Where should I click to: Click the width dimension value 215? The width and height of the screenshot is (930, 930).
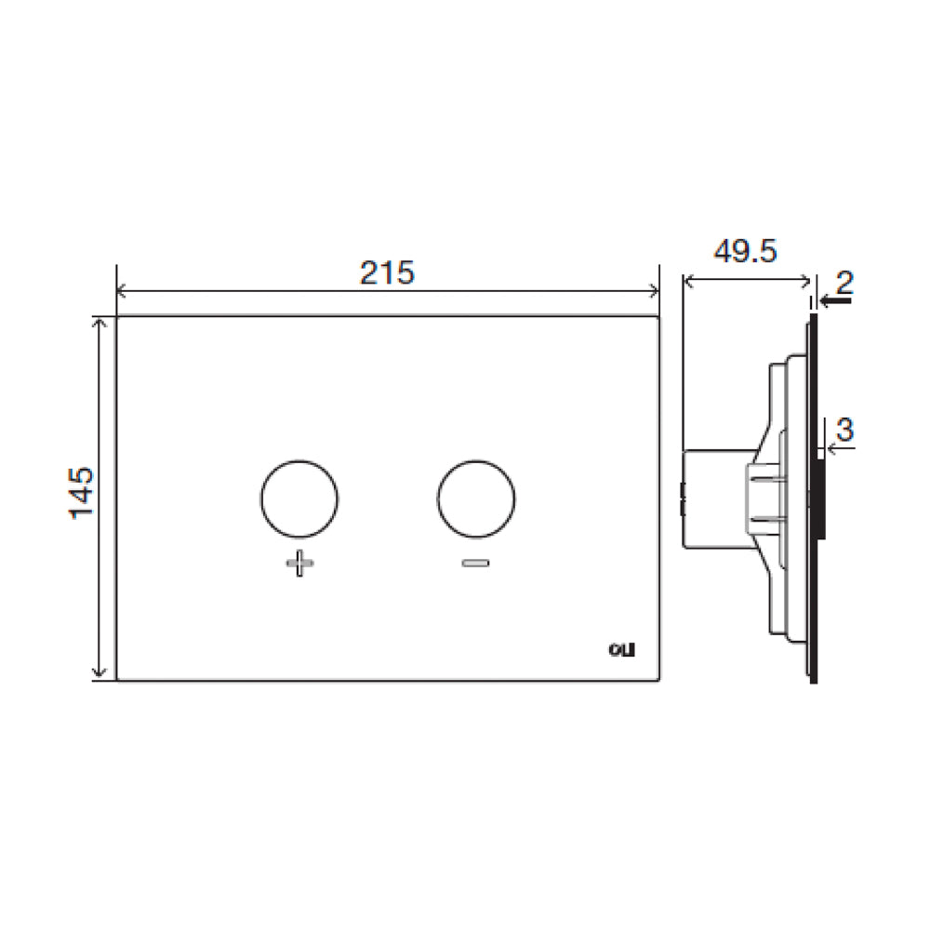tap(387, 272)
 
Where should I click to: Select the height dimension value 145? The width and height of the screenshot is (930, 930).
tap(82, 494)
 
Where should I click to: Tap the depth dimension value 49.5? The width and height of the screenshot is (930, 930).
tap(745, 252)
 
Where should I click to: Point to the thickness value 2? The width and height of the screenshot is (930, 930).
tap(844, 279)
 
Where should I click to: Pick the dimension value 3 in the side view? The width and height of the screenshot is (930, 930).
tap(844, 430)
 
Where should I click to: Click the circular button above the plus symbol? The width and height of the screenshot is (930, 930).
tap(298, 498)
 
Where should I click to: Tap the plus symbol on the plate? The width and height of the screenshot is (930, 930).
tap(298, 564)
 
